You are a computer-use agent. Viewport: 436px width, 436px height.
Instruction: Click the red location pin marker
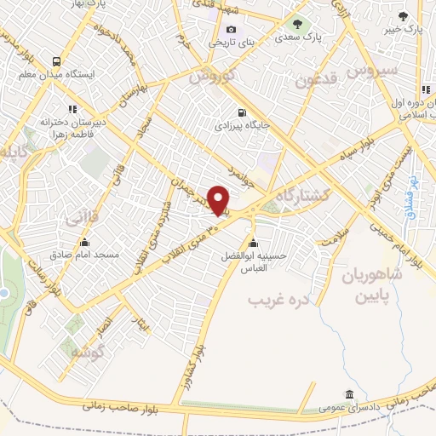click(219, 200)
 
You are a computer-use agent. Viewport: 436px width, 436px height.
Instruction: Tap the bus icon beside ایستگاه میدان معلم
click(56, 61)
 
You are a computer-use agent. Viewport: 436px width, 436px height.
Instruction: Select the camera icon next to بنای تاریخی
click(231, 29)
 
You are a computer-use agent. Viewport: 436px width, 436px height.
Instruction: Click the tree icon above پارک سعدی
click(297, 24)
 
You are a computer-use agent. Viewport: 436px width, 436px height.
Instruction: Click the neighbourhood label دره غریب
click(276, 301)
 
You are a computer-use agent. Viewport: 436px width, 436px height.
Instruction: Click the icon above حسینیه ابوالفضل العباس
click(251, 239)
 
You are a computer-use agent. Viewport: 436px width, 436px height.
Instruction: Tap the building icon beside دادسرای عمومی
click(350, 394)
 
